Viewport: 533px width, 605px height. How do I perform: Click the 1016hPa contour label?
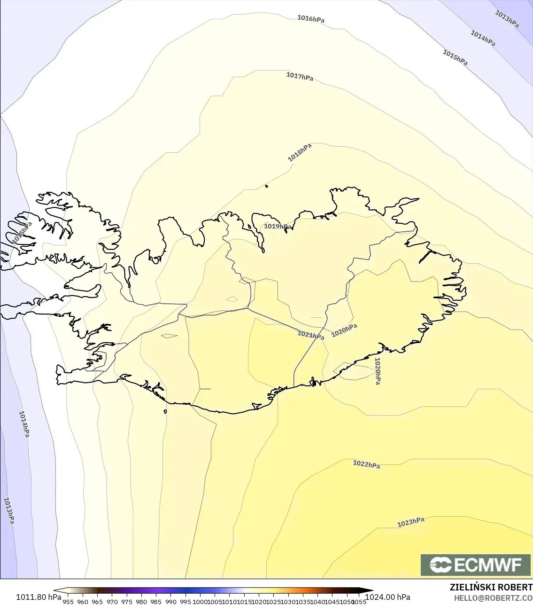tap(310, 19)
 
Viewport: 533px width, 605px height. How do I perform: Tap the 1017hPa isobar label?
tap(300, 76)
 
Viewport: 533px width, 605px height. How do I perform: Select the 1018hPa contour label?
tap(300, 152)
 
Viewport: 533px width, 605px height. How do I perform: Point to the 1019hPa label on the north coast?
tap(277, 227)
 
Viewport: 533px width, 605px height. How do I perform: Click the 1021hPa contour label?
tap(310, 335)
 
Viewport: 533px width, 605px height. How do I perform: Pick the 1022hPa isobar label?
tap(366, 464)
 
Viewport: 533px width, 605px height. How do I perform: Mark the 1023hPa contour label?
tap(410, 522)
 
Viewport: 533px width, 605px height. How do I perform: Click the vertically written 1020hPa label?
tap(378, 371)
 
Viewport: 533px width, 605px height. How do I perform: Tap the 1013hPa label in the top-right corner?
tap(507, 19)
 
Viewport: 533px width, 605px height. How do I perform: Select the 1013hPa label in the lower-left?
tap(9, 511)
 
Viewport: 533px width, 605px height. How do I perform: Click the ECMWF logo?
tap(476, 565)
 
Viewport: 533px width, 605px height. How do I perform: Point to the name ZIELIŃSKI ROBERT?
tap(491, 587)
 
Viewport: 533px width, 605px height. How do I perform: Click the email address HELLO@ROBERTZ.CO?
tap(493, 597)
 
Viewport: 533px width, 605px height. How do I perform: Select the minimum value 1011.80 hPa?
tap(39, 597)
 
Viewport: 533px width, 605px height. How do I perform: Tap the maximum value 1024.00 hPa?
tap(388, 597)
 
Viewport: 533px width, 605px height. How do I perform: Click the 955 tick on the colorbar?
tap(68, 602)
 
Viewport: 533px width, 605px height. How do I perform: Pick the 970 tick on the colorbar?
tap(112, 602)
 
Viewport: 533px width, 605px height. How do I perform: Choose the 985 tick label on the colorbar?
tap(156, 602)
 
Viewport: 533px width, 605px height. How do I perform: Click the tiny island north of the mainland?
tap(266, 186)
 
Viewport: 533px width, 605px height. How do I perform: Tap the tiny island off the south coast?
tap(165, 412)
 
